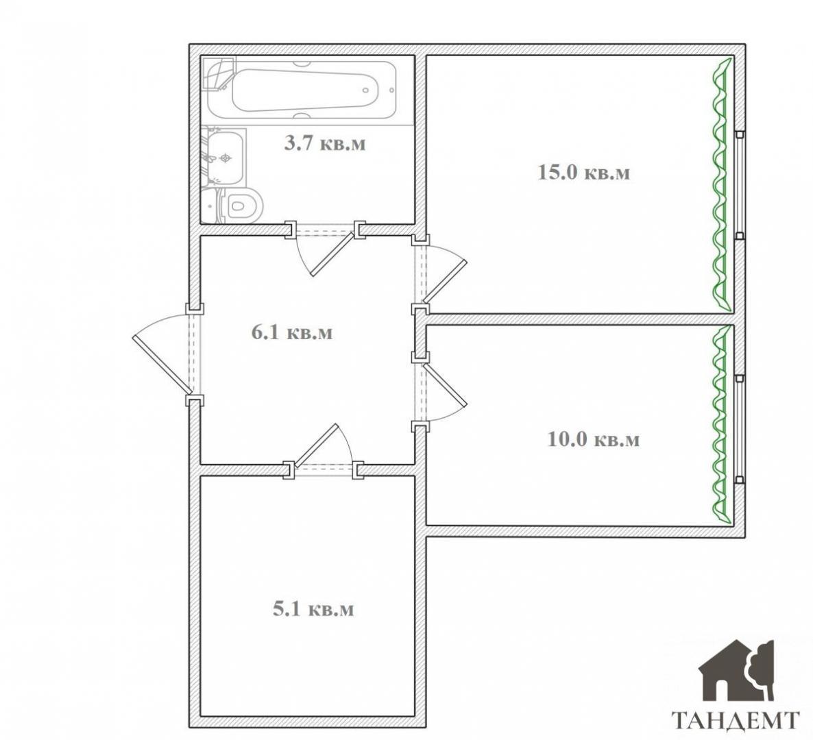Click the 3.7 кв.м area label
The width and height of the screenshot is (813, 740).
tap(324, 143)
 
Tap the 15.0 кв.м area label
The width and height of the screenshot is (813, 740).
tap(584, 172)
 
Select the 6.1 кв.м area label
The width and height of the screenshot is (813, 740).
tap(292, 332)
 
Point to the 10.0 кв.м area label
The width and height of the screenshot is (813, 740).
tap(594, 439)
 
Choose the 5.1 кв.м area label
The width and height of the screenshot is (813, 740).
tap(313, 608)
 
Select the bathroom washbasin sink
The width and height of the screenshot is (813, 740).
tap(224, 158)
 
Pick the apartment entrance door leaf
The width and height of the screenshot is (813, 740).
tap(161, 365)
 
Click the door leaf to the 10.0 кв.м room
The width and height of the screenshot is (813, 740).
tap(445, 384)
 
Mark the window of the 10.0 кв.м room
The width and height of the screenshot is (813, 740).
tap(740, 428)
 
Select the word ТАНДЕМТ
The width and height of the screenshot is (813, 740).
tap(736, 721)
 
